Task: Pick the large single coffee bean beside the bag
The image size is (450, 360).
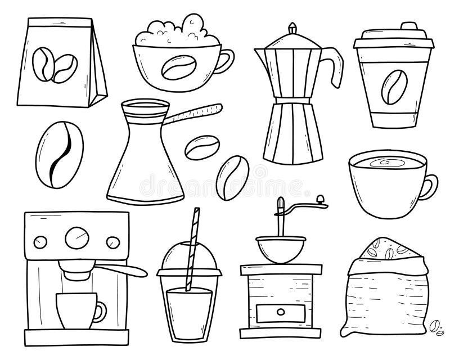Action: (59, 148)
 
